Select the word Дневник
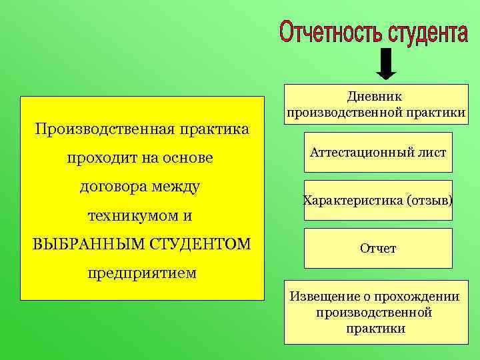click(x=375, y=97)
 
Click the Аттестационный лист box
click(x=378, y=153)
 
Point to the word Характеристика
click(x=353, y=200)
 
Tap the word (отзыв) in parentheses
click(x=430, y=200)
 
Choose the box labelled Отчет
click(x=378, y=248)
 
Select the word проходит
click(x=101, y=158)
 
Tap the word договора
click(x=113, y=187)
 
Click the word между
click(x=175, y=187)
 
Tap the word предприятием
click(x=142, y=273)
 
